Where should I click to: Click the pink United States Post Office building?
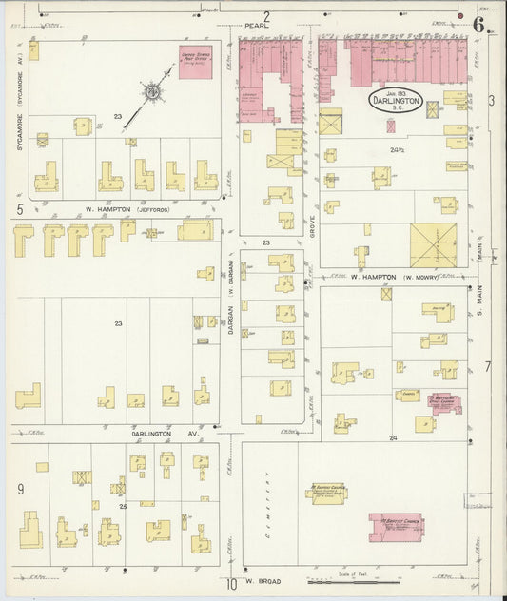point(196,64)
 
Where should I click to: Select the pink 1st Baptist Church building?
point(396,526)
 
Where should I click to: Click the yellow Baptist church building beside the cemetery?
point(324,492)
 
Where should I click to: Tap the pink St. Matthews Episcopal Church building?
point(443,402)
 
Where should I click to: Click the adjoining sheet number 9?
point(20,490)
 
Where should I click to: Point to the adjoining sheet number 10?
point(231,583)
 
